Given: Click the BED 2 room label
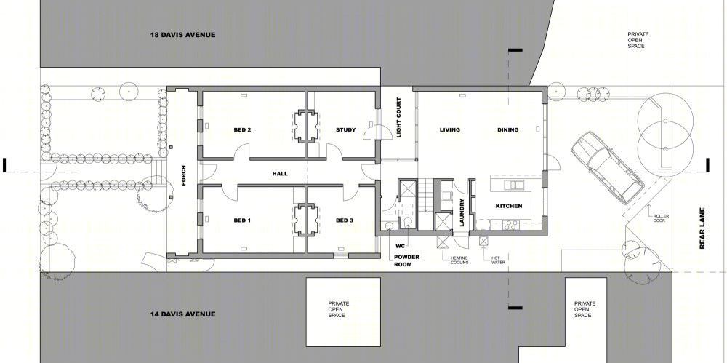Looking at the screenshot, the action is pyautogui.click(x=242, y=130).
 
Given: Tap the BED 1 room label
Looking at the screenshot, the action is pyautogui.click(x=242, y=220).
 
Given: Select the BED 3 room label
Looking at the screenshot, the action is pyautogui.click(x=345, y=220).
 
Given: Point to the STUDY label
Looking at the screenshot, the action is pyautogui.click(x=346, y=130).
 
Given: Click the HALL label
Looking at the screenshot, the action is pyautogui.click(x=280, y=174).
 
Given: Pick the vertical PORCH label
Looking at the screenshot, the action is pyautogui.click(x=184, y=175).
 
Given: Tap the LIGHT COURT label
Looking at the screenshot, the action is pyautogui.click(x=398, y=118).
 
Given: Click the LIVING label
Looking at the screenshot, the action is pyautogui.click(x=450, y=130).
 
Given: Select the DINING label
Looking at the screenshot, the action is pyautogui.click(x=507, y=130).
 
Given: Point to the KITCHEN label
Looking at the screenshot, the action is pyautogui.click(x=509, y=206).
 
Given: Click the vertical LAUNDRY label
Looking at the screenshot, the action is pyautogui.click(x=462, y=212).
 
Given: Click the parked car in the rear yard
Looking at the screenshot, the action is pyautogui.click(x=608, y=167).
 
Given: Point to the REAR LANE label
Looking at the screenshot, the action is pyautogui.click(x=702, y=228).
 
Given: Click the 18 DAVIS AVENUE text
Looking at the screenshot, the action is pyautogui.click(x=182, y=35).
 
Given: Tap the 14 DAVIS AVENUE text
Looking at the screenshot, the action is pyautogui.click(x=182, y=314).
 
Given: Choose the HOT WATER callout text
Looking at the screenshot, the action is pyautogui.click(x=498, y=260).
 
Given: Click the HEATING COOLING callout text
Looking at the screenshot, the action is pyautogui.click(x=459, y=260).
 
